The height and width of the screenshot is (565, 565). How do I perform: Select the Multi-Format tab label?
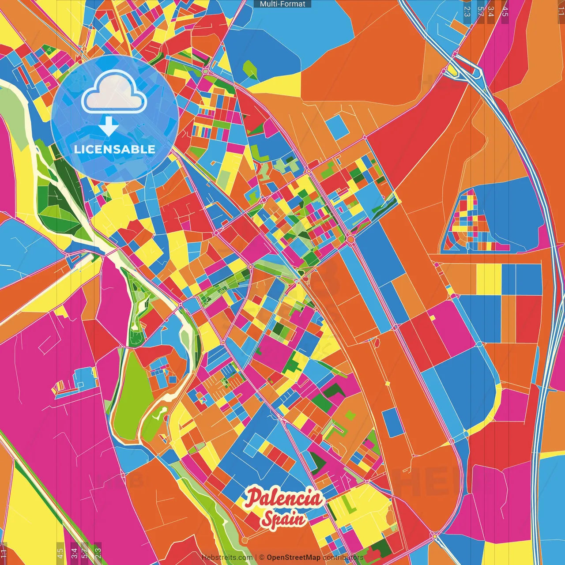pos(282,4)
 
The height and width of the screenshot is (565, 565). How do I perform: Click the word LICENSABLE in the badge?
pos(115,149)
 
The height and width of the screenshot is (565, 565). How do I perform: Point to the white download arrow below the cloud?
pos(109,126)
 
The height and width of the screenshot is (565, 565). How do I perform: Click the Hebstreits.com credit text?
pos(227,557)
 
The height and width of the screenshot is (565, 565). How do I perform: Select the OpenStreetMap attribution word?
pos(293,557)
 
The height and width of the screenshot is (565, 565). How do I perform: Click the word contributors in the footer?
pos(343,557)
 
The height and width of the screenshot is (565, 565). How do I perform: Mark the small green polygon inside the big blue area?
pos(250,70)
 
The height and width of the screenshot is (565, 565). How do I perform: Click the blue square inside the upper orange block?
pos(337,126)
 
